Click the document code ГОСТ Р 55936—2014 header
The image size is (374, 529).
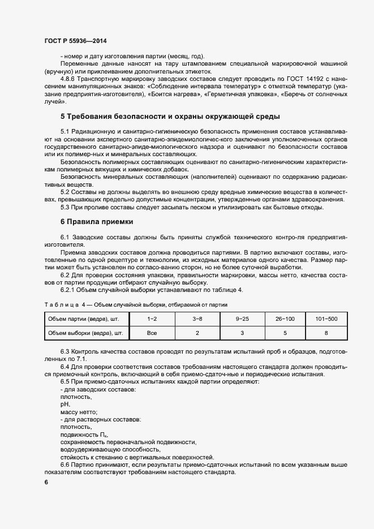75,41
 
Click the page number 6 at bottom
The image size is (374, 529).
46,482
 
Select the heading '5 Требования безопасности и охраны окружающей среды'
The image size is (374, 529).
170,117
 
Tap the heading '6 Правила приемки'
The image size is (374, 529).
96,222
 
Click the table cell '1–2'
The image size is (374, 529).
152,319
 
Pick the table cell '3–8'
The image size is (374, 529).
196,319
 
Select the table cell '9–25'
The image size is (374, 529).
241,319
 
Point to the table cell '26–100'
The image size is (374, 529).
285,319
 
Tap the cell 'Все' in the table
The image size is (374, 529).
152,333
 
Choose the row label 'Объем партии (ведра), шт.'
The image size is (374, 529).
85,319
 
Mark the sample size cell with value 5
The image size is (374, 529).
285,333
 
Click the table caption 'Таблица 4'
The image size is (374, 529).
63,304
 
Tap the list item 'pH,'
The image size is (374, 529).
65,405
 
